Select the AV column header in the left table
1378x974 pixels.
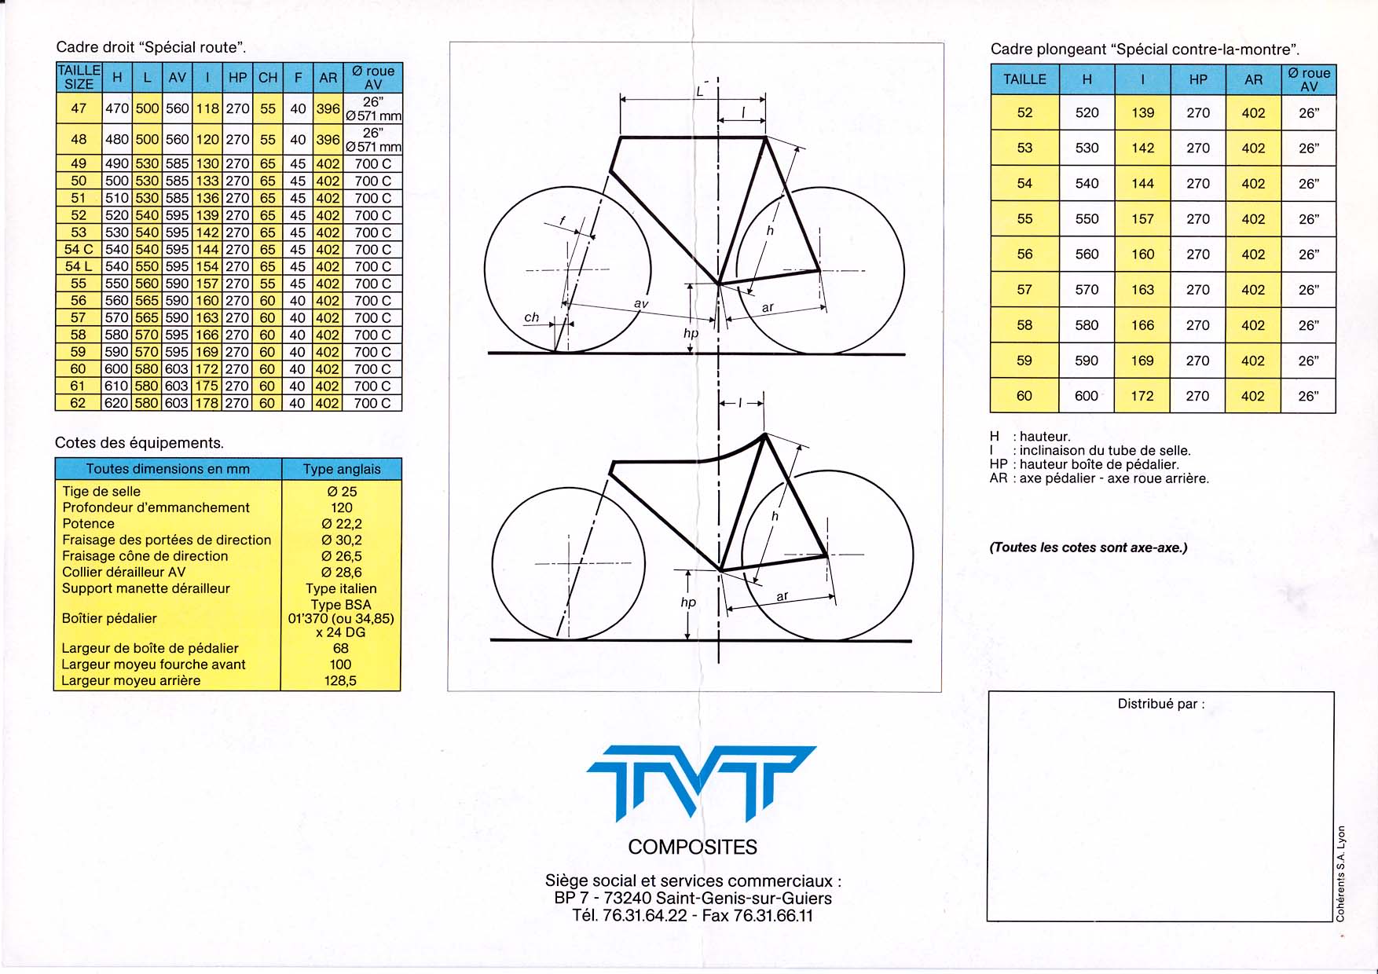point(178,77)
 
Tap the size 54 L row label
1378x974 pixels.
point(79,266)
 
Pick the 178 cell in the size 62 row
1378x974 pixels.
point(207,403)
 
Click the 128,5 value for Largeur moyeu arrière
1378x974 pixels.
point(340,680)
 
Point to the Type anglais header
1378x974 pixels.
point(342,469)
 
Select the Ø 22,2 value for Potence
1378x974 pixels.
point(342,524)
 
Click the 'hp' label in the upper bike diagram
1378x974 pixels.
point(691,333)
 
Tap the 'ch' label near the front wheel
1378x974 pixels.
point(532,317)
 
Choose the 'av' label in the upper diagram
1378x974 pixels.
point(641,303)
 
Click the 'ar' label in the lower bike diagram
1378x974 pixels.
point(782,597)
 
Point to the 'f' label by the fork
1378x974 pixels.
point(563,220)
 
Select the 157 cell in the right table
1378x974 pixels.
point(1142,219)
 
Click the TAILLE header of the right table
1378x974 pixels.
point(1024,79)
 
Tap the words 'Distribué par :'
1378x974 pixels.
point(1160,704)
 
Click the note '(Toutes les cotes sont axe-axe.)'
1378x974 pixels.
point(1088,547)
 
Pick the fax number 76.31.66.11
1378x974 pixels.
point(773,915)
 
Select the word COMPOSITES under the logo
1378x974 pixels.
point(692,847)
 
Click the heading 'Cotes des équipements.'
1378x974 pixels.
point(139,443)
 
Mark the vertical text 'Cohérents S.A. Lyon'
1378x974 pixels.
point(1340,873)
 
